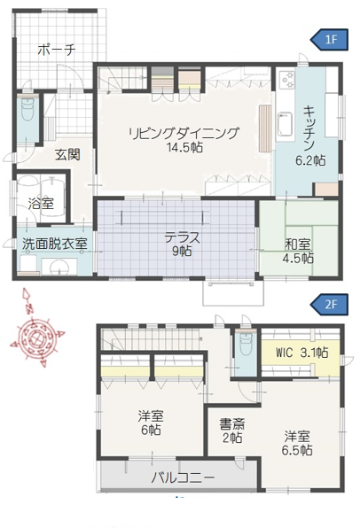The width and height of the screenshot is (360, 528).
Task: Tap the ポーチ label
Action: point(56,50)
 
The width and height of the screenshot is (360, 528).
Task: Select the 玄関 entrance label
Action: point(67,154)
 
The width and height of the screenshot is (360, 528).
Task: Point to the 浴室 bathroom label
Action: point(41,203)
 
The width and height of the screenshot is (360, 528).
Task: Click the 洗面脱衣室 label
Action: point(54,243)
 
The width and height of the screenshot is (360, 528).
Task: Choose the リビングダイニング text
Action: point(184,134)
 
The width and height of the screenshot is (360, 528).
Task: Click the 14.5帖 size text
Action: point(184,148)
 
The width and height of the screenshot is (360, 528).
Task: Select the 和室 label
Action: point(298,244)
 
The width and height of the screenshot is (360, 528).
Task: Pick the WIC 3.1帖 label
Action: point(301,353)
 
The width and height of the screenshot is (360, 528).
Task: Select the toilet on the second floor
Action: point(244,348)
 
